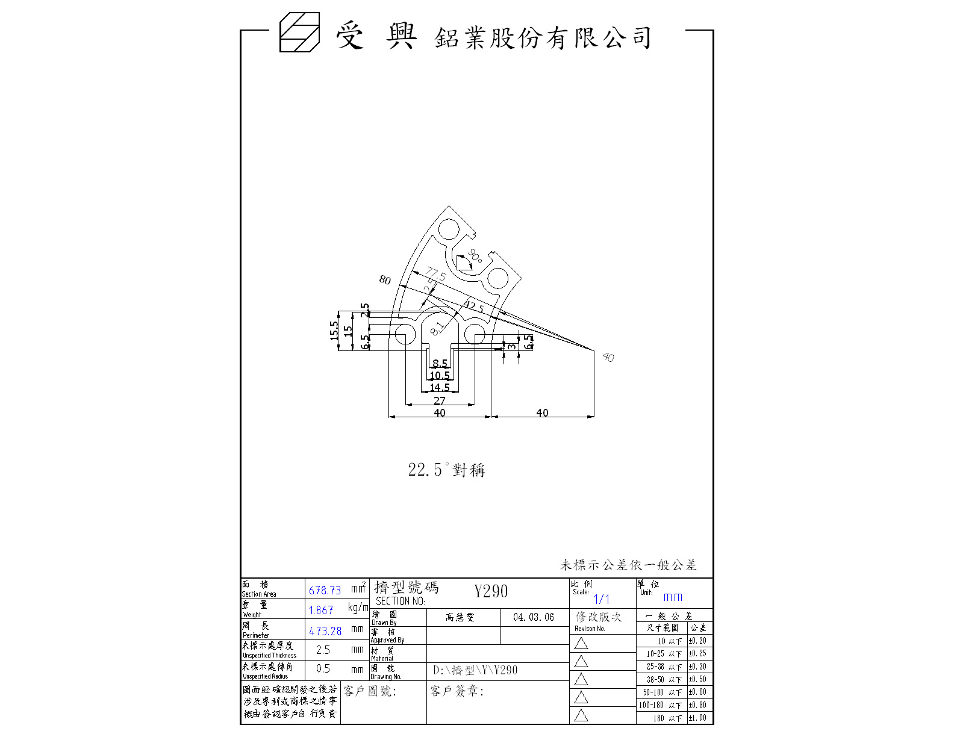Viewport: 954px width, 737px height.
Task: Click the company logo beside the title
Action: click(299, 33)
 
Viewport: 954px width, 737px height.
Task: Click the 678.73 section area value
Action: click(325, 591)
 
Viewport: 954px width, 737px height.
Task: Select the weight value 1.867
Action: click(321, 611)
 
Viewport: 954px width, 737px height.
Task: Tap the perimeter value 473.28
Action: click(325, 631)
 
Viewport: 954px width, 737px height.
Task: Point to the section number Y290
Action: click(491, 591)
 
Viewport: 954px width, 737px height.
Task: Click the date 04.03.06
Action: click(534, 617)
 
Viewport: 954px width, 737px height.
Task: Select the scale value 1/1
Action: click(601, 599)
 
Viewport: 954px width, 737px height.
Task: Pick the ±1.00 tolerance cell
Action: click(697, 718)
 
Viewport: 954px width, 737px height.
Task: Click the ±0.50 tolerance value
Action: click(697, 679)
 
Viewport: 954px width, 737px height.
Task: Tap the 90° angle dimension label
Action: click(475, 256)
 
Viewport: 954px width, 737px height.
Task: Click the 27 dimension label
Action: click(440, 400)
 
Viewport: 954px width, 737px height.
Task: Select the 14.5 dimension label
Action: click(440, 388)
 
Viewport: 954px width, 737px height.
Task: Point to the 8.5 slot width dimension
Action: click(440, 364)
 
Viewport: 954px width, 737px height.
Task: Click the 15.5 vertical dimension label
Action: click(334, 331)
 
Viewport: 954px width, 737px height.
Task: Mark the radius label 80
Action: click(385, 280)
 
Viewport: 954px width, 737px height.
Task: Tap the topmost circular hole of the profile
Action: click(449, 229)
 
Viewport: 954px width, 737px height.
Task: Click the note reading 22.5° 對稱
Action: click(446, 470)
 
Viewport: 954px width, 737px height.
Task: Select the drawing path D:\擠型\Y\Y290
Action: click(475, 670)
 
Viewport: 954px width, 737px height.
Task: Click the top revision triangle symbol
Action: click(581, 643)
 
